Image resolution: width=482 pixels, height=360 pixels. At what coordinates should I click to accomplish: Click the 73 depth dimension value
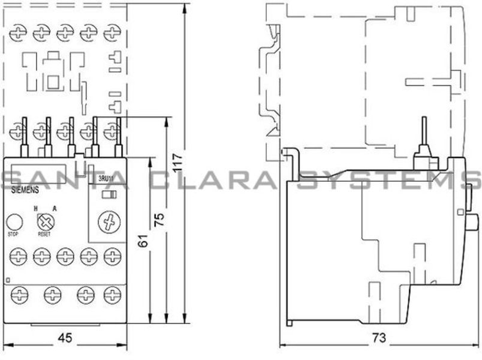click(x=376, y=337)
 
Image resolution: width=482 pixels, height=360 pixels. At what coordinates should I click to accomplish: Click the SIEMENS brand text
click(x=25, y=189)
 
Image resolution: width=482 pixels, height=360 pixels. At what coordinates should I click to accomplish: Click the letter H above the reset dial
click(x=36, y=208)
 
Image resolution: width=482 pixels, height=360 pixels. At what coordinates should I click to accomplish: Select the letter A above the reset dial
click(x=55, y=208)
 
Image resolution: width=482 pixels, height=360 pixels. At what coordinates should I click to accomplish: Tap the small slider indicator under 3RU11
click(x=109, y=194)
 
